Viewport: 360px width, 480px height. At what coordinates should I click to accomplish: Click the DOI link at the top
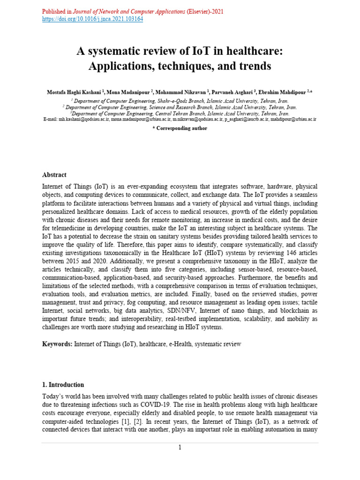point(92,19)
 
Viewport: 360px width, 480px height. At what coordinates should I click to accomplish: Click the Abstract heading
point(54,175)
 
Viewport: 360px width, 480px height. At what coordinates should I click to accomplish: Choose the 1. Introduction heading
point(63,385)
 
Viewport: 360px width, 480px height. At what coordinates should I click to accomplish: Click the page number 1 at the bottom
point(180,448)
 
